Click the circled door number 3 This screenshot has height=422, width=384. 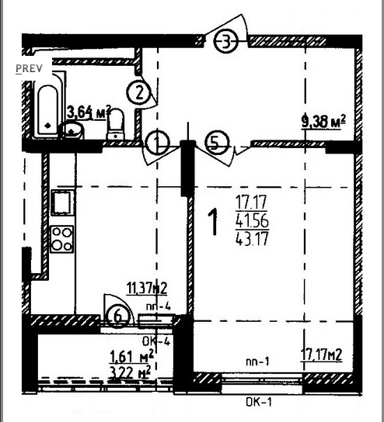[226, 41]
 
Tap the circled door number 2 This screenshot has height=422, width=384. [138, 93]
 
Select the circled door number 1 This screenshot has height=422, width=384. [158, 143]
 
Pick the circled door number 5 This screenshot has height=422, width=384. [217, 144]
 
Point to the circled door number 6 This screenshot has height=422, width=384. [118, 316]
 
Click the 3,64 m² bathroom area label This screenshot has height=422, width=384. [89, 112]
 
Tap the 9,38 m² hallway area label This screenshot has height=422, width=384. [323, 122]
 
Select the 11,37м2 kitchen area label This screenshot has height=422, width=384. [147, 288]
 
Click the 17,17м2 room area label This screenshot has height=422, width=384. [322, 355]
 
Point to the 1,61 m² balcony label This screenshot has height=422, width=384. [132, 356]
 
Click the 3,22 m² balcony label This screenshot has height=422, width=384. [131, 372]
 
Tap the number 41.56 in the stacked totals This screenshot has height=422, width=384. [252, 220]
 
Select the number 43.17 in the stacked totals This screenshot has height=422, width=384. [252, 238]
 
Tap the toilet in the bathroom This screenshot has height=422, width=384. [116, 124]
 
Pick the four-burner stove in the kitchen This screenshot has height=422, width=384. [62, 239]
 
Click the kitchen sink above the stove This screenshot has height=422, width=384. [62, 202]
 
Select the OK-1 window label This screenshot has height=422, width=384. [259, 402]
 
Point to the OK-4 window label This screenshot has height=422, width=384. [156, 341]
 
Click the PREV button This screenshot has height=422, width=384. [29, 68]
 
